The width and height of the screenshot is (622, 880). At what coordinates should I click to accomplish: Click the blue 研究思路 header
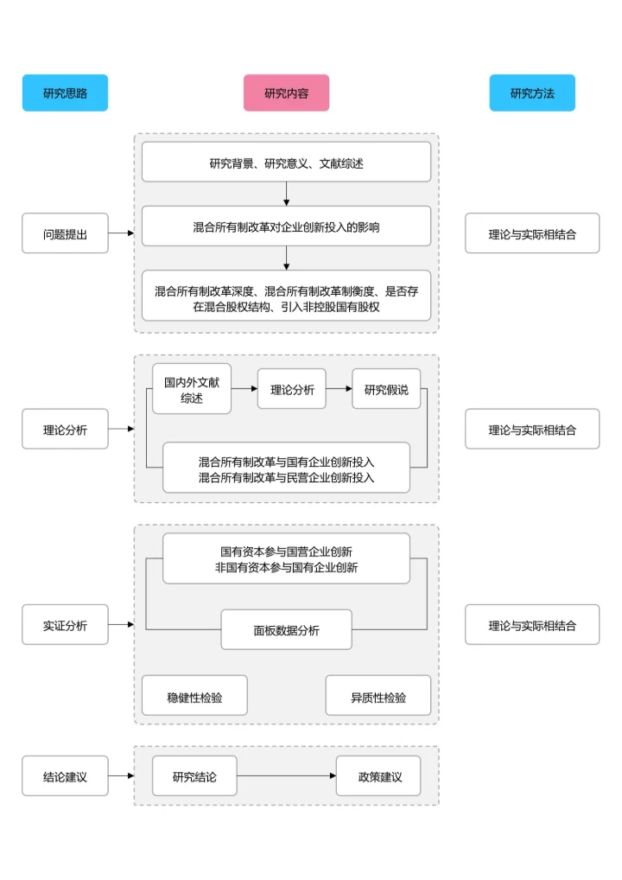pyautogui.click(x=65, y=92)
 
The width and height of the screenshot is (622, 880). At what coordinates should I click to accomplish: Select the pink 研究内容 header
pyautogui.click(x=286, y=92)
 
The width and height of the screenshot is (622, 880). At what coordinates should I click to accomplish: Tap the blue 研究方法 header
pyautogui.click(x=531, y=92)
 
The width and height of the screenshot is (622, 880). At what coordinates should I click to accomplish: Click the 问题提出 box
pyautogui.click(x=65, y=233)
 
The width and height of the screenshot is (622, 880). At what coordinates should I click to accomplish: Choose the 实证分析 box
pyautogui.click(x=65, y=625)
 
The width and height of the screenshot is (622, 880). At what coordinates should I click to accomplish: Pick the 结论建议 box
pyautogui.click(x=65, y=776)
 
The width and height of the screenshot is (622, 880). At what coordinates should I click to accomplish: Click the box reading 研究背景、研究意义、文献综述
pyautogui.click(x=286, y=163)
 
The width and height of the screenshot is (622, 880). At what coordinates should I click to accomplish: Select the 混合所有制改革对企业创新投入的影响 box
pyautogui.click(x=286, y=226)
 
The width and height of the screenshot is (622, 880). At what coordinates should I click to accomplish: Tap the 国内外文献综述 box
pyautogui.click(x=192, y=390)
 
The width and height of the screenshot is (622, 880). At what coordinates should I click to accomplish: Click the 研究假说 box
pyautogui.click(x=386, y=390)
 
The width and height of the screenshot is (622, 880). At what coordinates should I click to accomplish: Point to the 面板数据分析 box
pyautogui.click(x=286, y=629)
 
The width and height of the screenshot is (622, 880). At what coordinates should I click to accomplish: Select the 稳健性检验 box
pyautogui.click(x=194, y=696)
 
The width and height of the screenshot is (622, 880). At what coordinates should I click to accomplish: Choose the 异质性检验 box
pyautogui.click(x=378, y=696)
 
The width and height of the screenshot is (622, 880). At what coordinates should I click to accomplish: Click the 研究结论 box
pyautogui.click(x=194, y=776)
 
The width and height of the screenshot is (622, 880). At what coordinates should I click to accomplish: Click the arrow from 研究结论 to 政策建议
pyautogui.click(x=286, y=776)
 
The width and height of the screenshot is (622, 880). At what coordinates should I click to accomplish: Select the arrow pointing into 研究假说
pyautogui.click(x=339, y=390)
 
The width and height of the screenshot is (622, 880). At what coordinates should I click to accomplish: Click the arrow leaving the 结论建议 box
pyautogui.click(x=121, y=776)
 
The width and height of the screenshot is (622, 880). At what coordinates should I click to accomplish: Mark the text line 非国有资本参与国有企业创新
pyautogui.click(x=286, y=568)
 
